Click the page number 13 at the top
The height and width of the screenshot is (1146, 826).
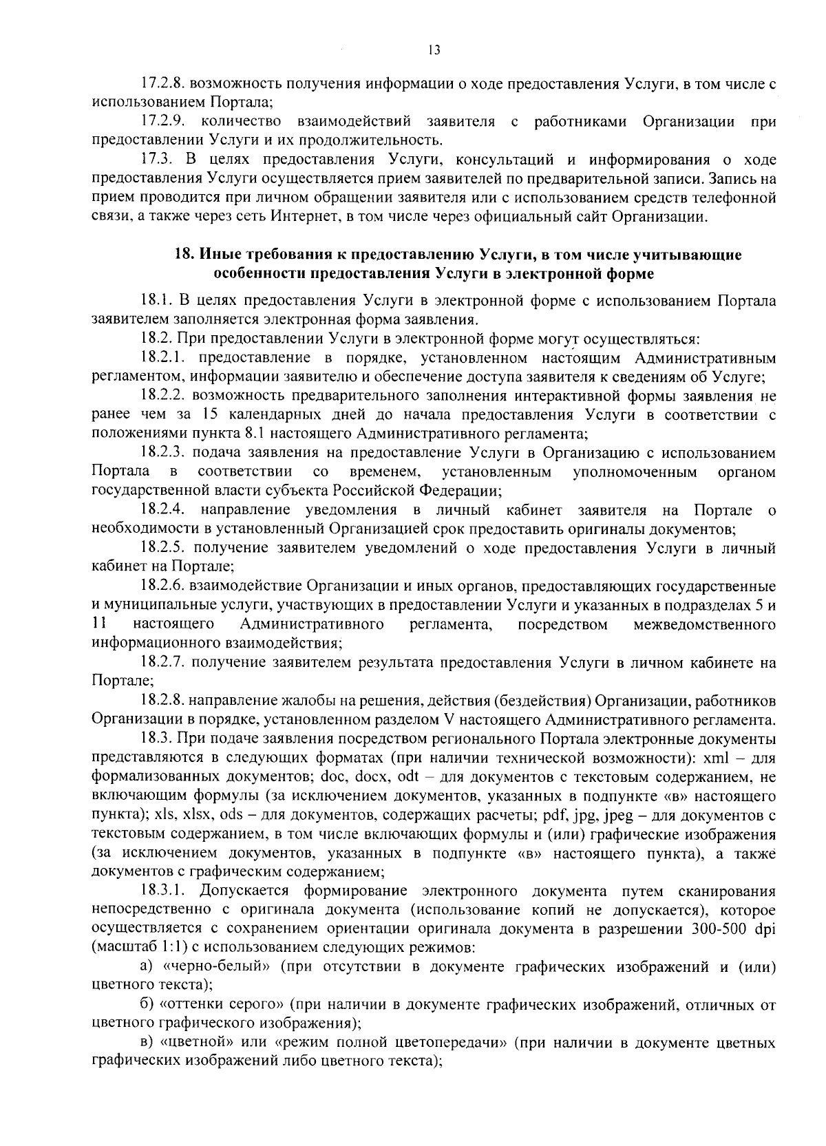[x=433, y=50]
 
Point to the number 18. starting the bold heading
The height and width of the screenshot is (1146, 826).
[x=183, y=255]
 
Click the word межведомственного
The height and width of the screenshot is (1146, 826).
[x=704, y=625]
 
